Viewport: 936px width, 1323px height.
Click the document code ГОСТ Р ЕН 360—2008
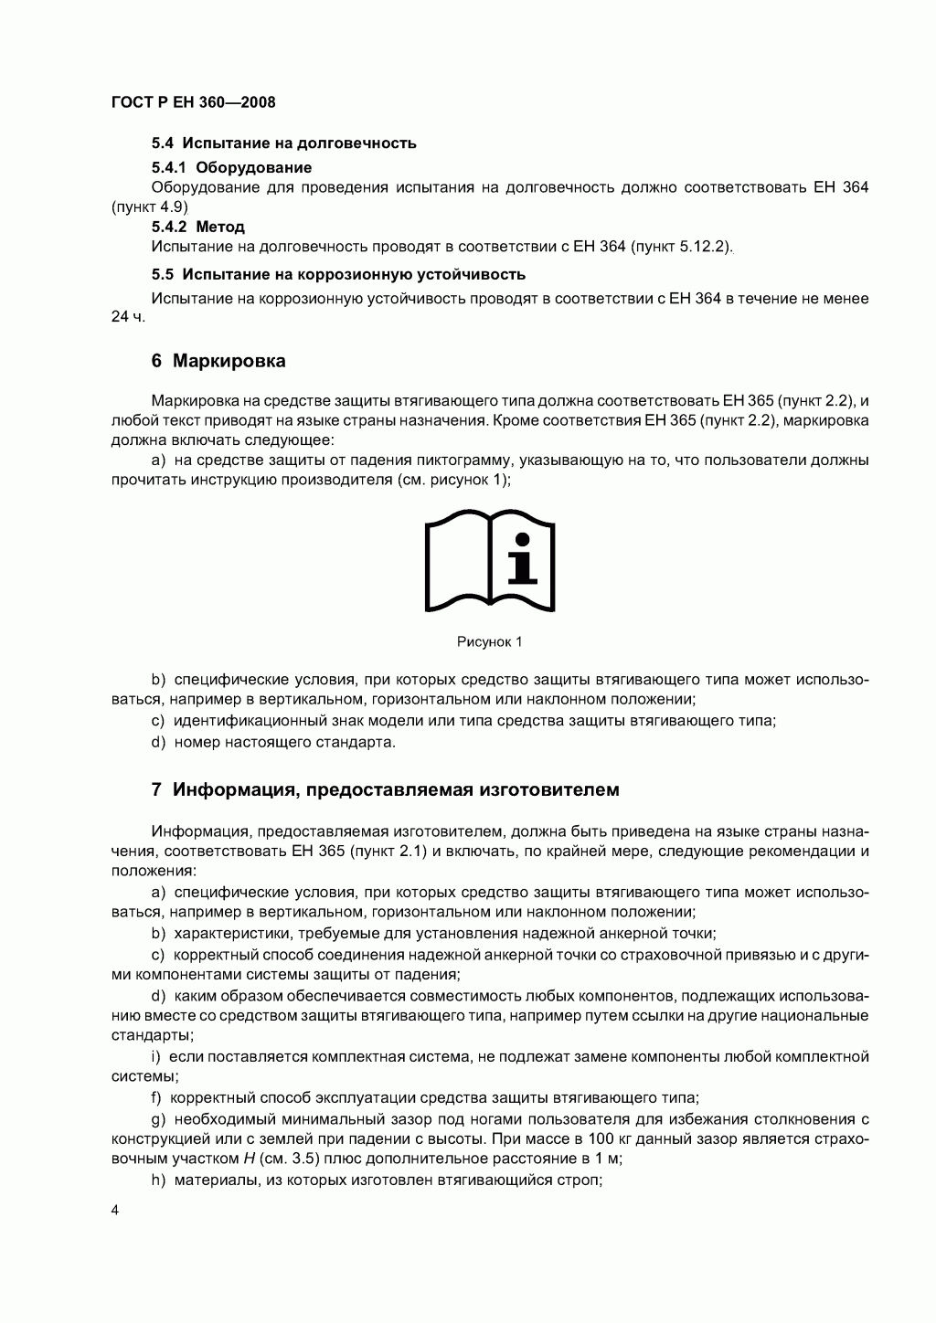[193, 102]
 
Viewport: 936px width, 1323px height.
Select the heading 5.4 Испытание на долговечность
[283, 143]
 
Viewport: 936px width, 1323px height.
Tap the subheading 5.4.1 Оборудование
[231, 167]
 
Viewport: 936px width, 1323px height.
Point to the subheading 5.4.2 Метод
[197, 227]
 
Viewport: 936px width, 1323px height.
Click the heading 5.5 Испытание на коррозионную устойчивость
[338, 274]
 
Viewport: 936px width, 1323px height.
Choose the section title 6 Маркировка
[218, 361]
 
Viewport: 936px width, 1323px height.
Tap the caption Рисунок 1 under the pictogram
[489, 642]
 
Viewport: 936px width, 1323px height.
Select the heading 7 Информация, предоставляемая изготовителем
[385, 790]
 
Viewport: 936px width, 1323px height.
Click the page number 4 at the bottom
[115, 1212]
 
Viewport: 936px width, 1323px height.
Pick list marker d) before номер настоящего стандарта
[158, 742]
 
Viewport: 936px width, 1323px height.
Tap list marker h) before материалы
[158, 1180]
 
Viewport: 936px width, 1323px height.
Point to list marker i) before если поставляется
[156, 1057]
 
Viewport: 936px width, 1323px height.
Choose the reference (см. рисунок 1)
[453, 481]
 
